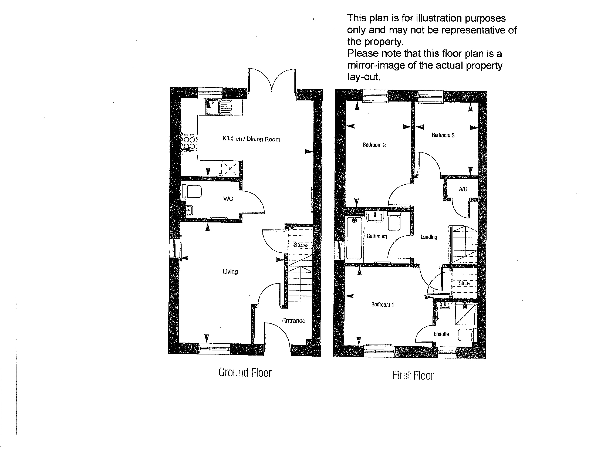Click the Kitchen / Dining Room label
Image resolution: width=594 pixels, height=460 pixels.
tap(251, 139)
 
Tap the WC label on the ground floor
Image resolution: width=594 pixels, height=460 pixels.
tap(228, 199)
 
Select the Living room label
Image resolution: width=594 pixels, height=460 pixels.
tap(230, 271)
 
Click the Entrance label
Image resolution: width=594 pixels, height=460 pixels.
tap(293, 320)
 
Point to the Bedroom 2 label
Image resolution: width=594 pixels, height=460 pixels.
tap(374, 145)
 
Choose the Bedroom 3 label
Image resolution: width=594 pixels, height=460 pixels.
tap(443, 135)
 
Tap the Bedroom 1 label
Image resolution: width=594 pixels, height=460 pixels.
tap(382, 305)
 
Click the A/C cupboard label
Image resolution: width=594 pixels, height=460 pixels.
tap(463, 189)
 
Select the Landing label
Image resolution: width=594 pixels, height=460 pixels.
tap(429, 237)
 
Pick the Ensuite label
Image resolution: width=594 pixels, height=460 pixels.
tap(441, 334)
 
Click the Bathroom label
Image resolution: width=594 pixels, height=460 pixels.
tap(377, 236)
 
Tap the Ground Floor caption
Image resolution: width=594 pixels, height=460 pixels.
tap(245, 373)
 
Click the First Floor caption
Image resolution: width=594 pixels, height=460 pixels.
tap(413, 376)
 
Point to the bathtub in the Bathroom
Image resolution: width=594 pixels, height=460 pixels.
tap(355, 238)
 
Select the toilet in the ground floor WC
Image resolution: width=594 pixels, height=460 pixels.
tap(193, 192)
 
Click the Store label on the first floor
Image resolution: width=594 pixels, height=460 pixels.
tap(464, 283)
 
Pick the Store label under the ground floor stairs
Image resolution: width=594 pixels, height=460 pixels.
tap(300, 245)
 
